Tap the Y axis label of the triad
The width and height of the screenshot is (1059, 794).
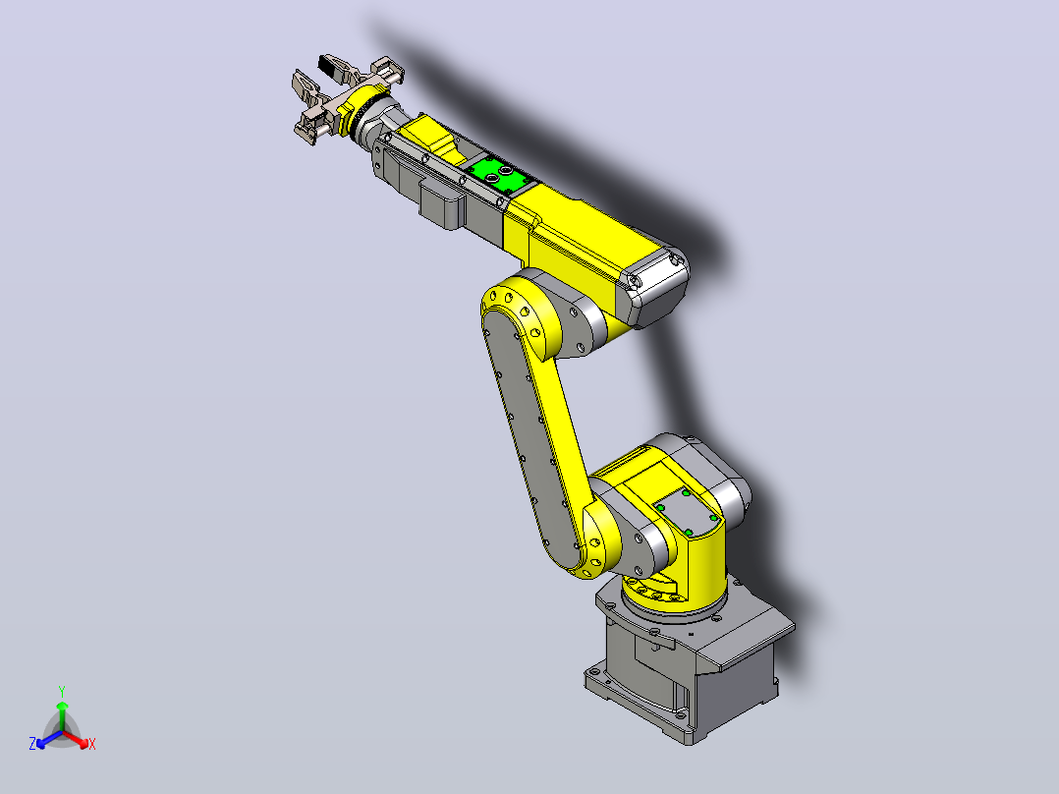pos(62,691)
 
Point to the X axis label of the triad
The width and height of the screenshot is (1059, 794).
pos(92,744)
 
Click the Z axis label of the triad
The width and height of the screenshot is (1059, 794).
pos(31,744)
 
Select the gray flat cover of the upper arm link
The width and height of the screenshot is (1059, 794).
pos(530,439)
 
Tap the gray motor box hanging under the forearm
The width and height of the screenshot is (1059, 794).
pos(442,201)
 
